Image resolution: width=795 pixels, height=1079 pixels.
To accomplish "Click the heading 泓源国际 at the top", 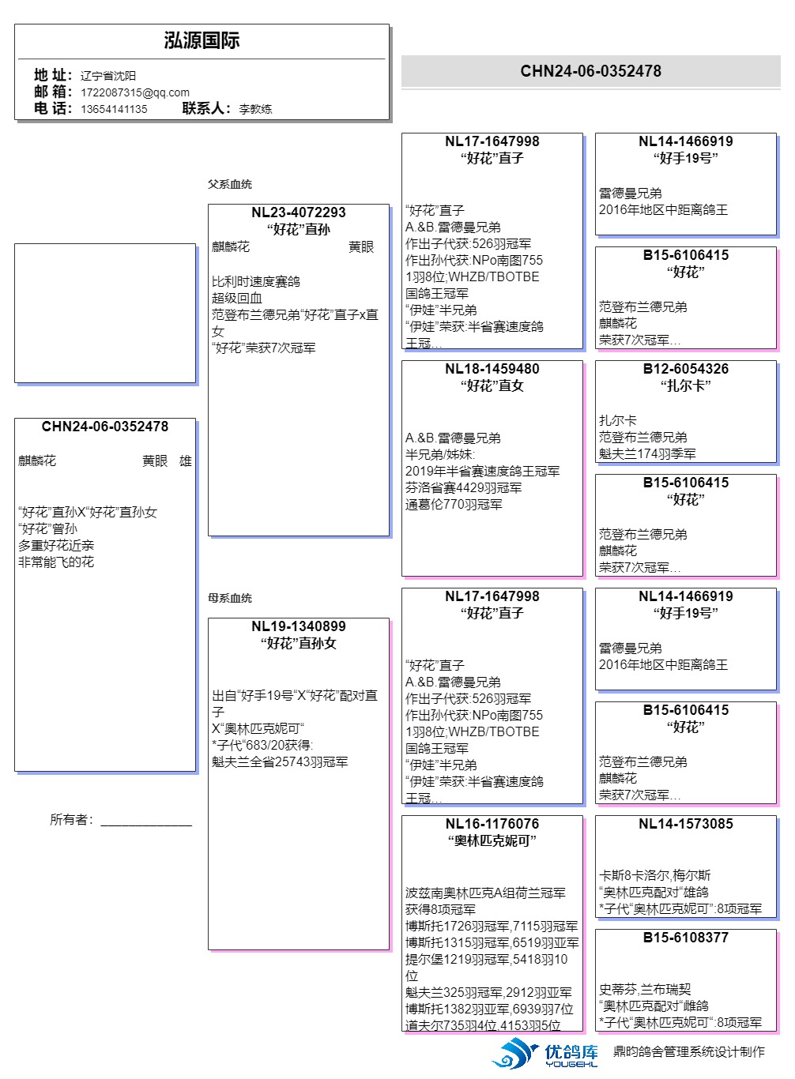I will pos(202,41).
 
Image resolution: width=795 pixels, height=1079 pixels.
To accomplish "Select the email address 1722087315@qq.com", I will pos(135,92).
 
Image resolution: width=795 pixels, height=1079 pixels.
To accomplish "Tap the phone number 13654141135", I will pos(114,109).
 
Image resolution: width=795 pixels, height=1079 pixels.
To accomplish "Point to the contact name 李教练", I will pos(255,109).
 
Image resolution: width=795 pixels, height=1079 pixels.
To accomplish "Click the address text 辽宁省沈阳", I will pos(108,76).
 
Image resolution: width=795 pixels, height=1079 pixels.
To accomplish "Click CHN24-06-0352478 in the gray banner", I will pos(590,71).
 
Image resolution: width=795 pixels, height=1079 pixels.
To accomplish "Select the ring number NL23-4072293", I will pos(299,212).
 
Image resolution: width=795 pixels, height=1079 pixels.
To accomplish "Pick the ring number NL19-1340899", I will pos(299,626).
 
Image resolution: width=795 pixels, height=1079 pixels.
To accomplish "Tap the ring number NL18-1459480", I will pos(492,369).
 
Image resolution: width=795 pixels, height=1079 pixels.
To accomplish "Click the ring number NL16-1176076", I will pos(492,824).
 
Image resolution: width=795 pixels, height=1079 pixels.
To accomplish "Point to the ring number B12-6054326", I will pos(686,369).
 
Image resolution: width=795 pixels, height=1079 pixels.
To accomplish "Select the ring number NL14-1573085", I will pos(686,824).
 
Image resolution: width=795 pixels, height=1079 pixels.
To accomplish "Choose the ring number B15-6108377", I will pos(686,938).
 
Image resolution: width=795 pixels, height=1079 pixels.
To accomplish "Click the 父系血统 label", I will pos(230,184).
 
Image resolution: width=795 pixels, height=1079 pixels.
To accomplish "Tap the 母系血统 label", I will pos(230,598).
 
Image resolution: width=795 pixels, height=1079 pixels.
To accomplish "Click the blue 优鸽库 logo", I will pos(545,1054).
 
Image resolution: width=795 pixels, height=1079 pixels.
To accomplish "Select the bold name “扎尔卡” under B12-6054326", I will pos(686,386).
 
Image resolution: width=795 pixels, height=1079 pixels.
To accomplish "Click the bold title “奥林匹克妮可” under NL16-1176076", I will pos(492,841).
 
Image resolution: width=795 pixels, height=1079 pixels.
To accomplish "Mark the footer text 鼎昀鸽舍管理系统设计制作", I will pos(689,1051).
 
